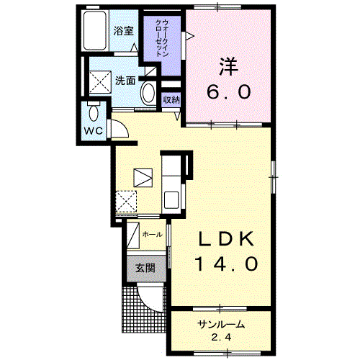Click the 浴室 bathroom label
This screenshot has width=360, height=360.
123,31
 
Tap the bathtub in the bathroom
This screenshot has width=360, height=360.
95,30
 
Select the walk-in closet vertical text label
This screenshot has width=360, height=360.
162,38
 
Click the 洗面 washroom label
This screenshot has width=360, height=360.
125,81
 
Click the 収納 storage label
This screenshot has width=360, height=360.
171,99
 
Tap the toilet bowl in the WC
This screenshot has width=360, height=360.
94,113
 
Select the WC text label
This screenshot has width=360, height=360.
94,131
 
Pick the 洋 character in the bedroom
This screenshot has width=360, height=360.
228,66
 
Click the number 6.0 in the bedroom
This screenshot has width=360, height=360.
229,92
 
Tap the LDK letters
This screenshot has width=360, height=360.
226,238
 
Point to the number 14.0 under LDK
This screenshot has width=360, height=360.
227,264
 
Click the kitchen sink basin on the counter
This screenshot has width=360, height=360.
171,200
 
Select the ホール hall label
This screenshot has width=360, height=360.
152,235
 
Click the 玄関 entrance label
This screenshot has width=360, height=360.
145,268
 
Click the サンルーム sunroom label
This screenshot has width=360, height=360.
221,325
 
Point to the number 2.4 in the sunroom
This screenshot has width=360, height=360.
222,338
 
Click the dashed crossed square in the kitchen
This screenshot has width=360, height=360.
126,202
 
